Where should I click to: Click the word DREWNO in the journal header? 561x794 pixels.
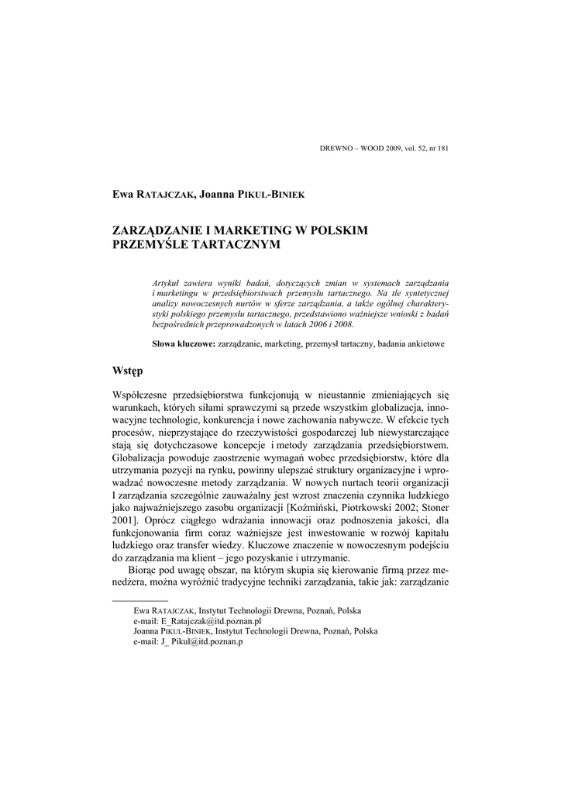[x=335, y=148]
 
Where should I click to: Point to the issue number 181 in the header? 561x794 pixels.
[x=442, y=148]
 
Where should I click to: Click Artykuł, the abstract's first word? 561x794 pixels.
[x=167, y=285]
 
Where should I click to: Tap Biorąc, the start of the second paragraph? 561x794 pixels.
[x=142, y=570]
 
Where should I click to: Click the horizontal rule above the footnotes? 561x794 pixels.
[x=140, y=601]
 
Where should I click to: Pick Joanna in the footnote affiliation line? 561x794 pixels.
[x=146, y=631]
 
